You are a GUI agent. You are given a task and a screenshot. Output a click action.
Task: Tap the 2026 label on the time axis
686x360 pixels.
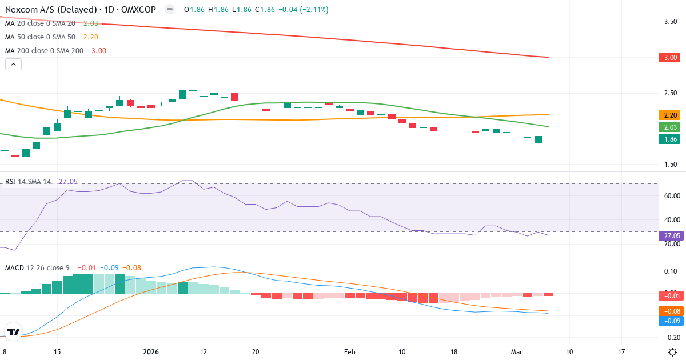pyautogui.click(x=151, y=351)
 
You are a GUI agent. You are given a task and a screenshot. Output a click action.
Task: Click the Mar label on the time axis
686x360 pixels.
pyautogui.click(x=517, y=351)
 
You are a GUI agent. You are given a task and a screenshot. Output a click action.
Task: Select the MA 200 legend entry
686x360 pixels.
pyautogui.click(x=43, y=50)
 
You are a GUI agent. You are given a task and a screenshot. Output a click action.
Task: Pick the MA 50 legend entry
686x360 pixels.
pyautogui.click(x=41, y=37)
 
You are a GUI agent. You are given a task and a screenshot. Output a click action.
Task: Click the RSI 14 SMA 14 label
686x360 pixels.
pyautogui.click(x=28, y=181)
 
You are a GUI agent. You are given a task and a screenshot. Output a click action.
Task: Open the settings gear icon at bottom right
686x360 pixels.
pyautogui.click(x=673, y=351)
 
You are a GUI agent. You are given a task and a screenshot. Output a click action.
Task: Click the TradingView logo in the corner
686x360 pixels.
pyautogui.click(x=13, y=331)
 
